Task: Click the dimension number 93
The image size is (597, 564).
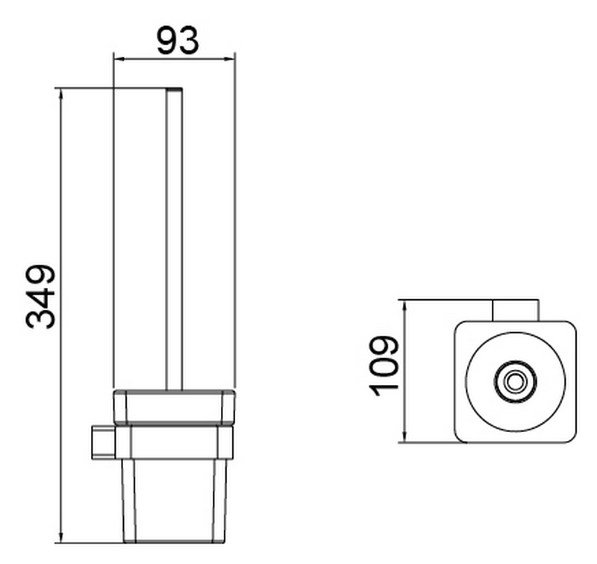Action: click(178, 40)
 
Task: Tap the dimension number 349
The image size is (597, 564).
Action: click(41, 296)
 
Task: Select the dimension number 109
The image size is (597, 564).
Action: click(384, 366)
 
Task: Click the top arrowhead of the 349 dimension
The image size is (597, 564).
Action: click(61, 95)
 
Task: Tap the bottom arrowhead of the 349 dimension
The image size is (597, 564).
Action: click(61, 537)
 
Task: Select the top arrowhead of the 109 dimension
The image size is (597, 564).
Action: click(405, 307)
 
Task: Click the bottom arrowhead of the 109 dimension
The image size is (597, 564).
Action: click(405, 436)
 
